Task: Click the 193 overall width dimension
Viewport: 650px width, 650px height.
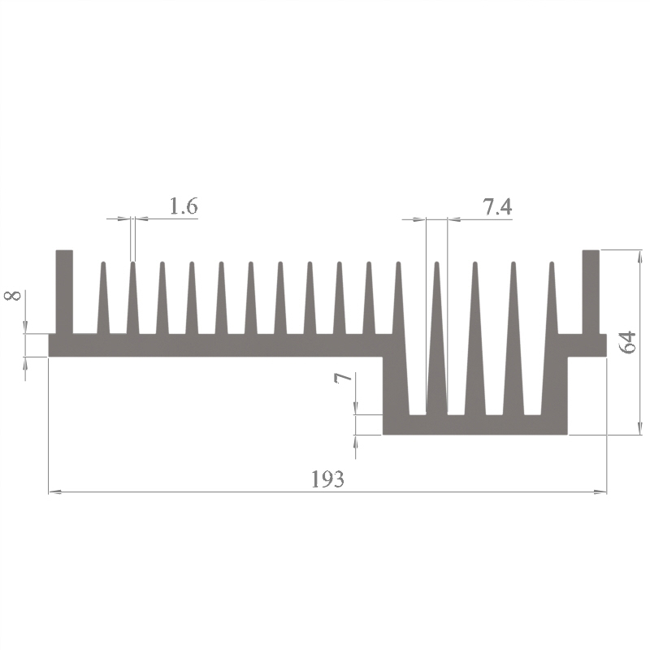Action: point(327,479)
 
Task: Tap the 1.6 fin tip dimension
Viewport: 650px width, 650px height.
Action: point(184,206)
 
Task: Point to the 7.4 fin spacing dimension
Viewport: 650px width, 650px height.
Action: point(497,206)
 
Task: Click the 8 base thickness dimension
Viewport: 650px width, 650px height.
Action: point(12,296)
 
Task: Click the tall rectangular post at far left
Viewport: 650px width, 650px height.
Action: point(64,292)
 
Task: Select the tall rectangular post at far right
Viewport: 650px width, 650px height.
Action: point(591,292)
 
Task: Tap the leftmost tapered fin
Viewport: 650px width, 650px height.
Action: point(103,297)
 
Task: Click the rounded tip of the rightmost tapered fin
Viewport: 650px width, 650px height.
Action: point(552,263)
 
